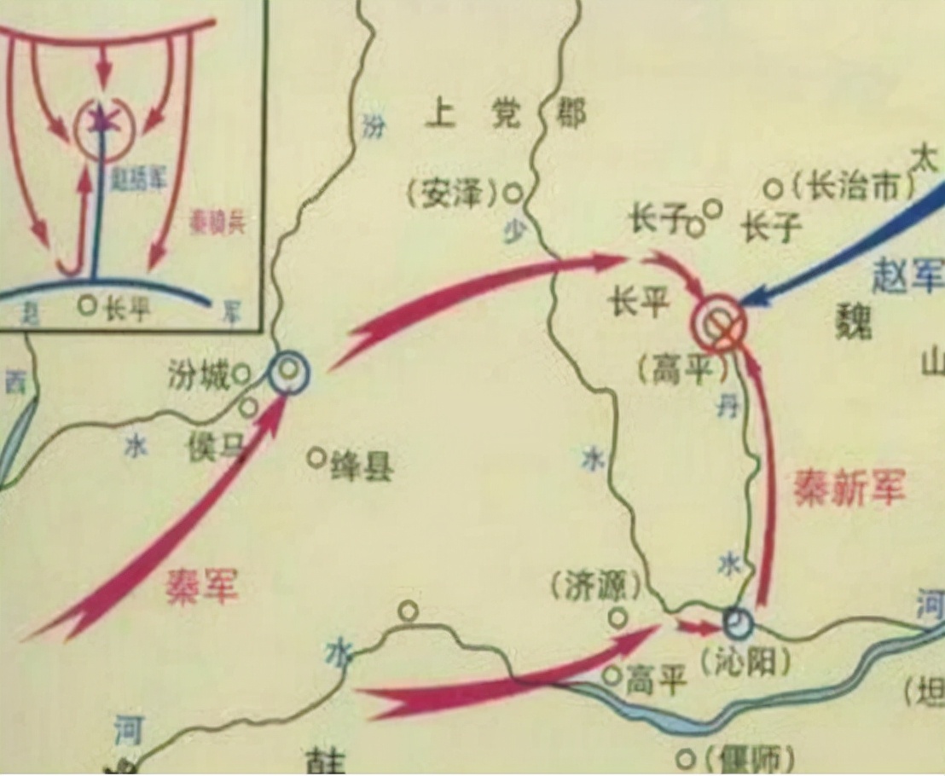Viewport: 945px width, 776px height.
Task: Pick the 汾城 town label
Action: [x=198, y=376]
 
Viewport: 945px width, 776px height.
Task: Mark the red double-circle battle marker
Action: [x=719, y=322]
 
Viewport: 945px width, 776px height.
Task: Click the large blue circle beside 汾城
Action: [x=290, y=373]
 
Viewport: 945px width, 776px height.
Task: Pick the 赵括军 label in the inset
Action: [x=136, y=178]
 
